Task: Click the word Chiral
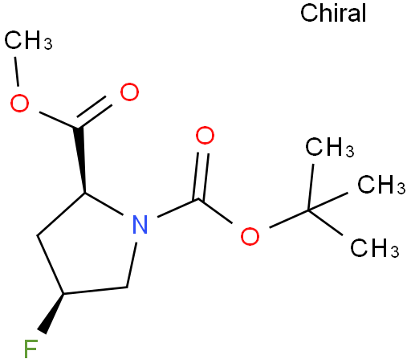click(x=333, y=13)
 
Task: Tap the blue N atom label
click(x=140, y=224)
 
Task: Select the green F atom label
click(x=31, y=349)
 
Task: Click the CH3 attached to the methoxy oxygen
click(x=28, y=40)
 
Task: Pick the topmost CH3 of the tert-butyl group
click(x=330, y=147)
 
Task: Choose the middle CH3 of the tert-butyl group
click(x=382, y=185)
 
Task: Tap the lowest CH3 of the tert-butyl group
click(x=375, y=248)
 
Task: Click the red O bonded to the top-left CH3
click(x=19, y=103)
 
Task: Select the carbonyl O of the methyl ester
click(x=129, y=92)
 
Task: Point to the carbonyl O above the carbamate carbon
click(x=205, y=136)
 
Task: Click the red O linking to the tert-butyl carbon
click(x=250, y=236)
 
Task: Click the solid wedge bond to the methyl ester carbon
click(x=80, y=160)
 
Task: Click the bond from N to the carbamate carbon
click(x=177, y=208)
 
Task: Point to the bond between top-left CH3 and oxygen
click(x=17, y=71)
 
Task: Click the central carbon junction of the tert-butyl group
click(x=308, y=210)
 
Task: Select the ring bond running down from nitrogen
click(x=132, y=265)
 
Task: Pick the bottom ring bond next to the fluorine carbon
click(x=95, y=291)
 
